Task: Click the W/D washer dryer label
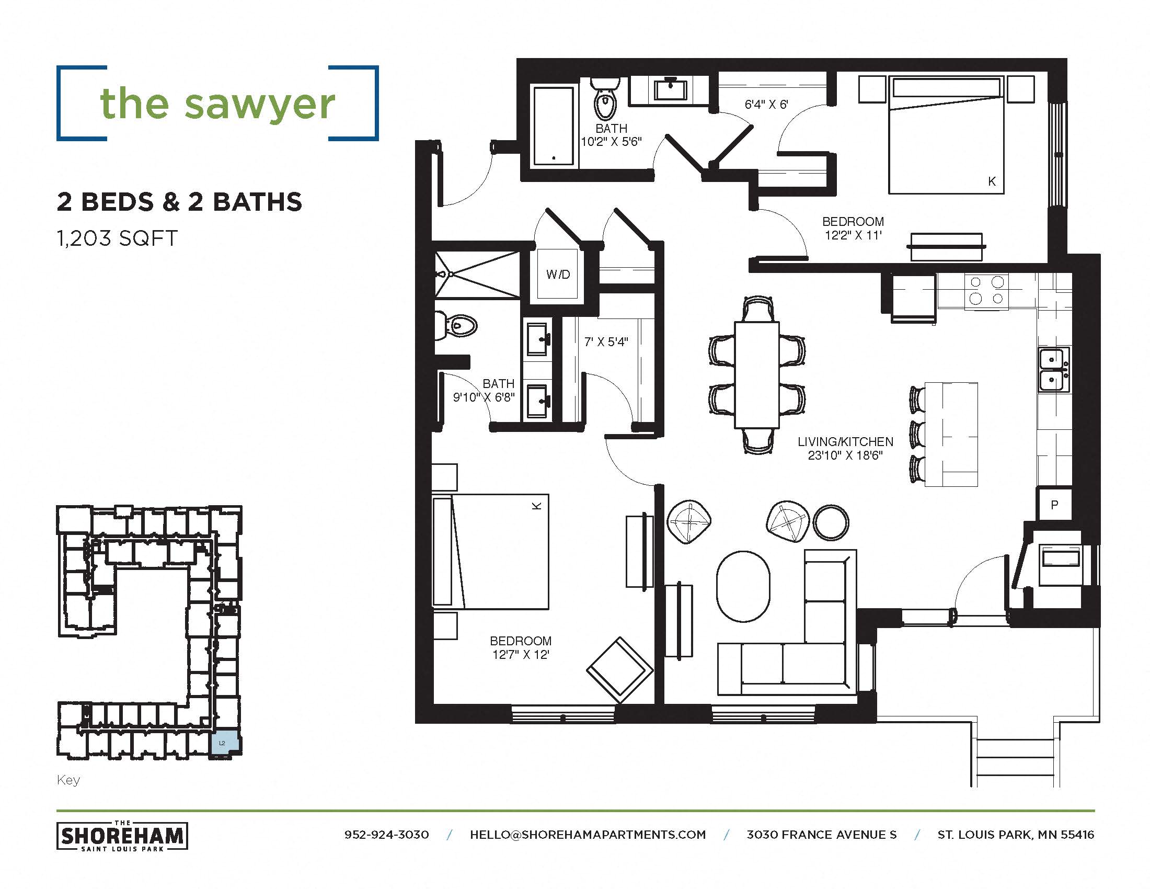pyautogui.click(x=558, y=275)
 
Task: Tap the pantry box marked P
pyautogui.click(x=1054, y=505)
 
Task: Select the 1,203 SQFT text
pyautogui.click(x=117, y=238)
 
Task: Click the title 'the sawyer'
pyautogui.click(x=217, y=103)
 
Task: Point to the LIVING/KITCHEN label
pyautogui.click(x=845, y=442)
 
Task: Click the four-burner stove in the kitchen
pyautogui.click(x=986, y=290)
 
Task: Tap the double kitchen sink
pyautogui.click(x=1053, y=370)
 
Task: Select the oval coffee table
pyautogui.click(x=743, y=586)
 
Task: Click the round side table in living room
pyautogui.click(x=831, y=522)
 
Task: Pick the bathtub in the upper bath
pyautogui.click(x=553, y=127)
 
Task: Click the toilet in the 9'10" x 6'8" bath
pyautogui.click(x=456, y=325)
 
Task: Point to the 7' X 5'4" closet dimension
pyautogui.click(x=606, y=342)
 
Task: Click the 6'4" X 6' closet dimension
pyautogui.click(x=766, y=104)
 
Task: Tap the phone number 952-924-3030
pyautogui.click(x=386, y=835)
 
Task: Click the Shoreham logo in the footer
pyautogui.click(x=122, y=836)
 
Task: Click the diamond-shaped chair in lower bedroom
pyautogui.click(x=619, y=670)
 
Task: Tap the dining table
pyautogui.click(x=757, y=375)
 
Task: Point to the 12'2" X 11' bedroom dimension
pyautogui.click(x=853, y=235)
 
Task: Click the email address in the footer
pyautogui.click(x=588, y=835)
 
